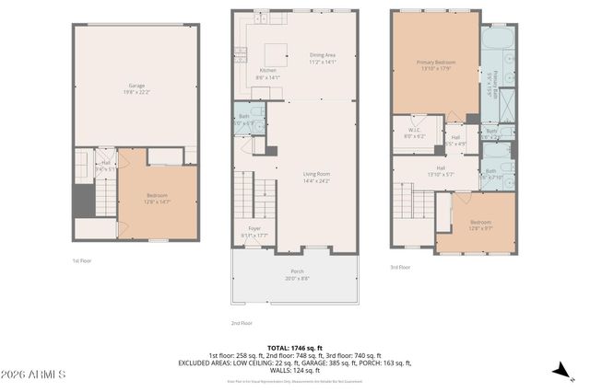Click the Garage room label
click(136, 87)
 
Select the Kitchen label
click(268, 74)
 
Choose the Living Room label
click(316, 177)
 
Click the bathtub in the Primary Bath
click(497, 40)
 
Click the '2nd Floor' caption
click(242, 323)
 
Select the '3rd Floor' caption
click(400, 268)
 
